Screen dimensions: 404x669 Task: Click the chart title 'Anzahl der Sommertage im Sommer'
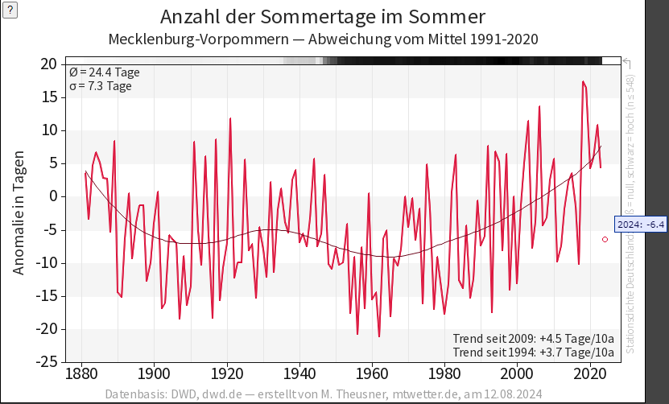point(323,17)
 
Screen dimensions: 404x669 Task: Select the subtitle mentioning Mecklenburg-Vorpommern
point(323,39)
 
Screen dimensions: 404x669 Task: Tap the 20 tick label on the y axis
point(48,64)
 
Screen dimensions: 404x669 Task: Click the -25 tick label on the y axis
point(45,362)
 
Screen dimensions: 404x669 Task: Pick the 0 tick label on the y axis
point(52,196)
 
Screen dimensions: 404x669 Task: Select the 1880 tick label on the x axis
point(81,374)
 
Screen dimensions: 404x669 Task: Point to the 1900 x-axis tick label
point(153,374)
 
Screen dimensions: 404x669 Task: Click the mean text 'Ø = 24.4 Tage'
point(105,72)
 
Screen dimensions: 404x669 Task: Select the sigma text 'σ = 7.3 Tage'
point(101,86)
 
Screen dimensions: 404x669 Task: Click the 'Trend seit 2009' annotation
point(534,338)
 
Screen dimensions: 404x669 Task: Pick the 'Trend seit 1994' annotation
point(534,352)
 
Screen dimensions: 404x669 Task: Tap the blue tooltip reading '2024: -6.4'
point(641,224)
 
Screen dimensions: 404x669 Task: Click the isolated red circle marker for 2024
point(605,239)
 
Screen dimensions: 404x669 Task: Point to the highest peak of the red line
point(583,81)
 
